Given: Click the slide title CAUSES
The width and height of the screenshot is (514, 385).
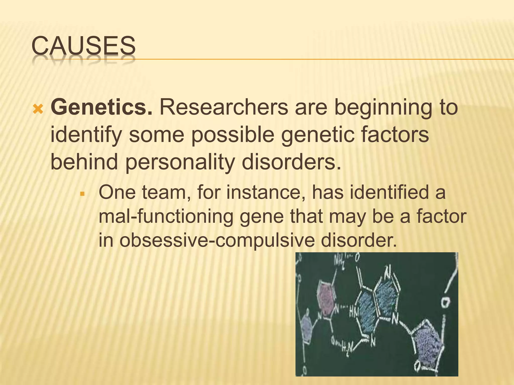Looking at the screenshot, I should pos(84,46).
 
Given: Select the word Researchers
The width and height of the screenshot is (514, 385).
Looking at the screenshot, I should pos(224,107).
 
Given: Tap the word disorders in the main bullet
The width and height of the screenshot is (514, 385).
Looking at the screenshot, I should pos(291,162).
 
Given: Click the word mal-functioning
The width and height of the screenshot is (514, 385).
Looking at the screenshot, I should pos(166,217).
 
